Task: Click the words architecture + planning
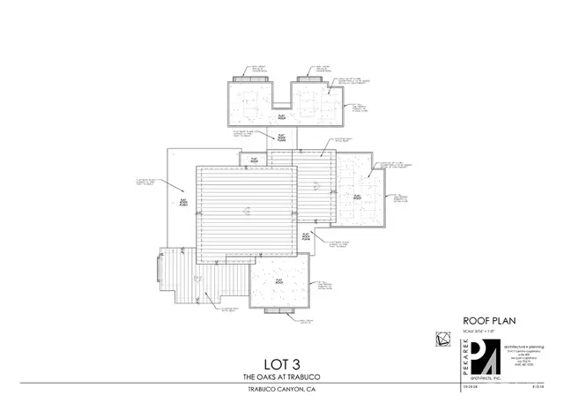(525, 347)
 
